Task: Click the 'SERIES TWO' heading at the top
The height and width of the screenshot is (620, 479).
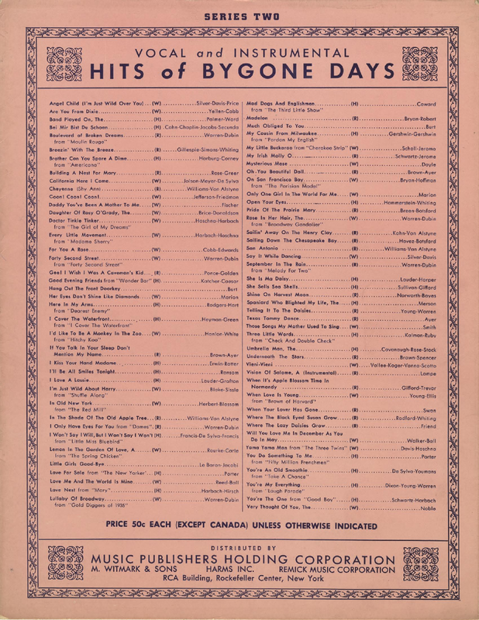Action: [239, 15]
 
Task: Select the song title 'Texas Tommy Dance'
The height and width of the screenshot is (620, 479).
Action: [272, 318]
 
